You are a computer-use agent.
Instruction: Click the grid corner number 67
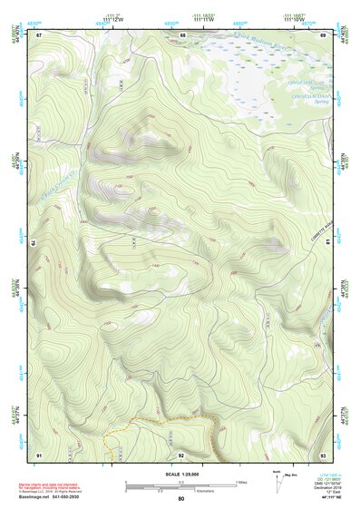pyautogui.click(x=39, y=34)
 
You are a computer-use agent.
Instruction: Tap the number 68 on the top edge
pyautogui.click(x=182, y=34)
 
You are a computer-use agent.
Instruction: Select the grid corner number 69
pyautogui.click(x=324, y=34)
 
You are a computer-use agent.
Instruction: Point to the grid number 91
pyautogui.click(x=39, y=454)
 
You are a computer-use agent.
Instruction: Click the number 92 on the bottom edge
pyautogui.click(x=180, y=454)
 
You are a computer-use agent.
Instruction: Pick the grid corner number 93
pyautogui.click(x=324, y=454)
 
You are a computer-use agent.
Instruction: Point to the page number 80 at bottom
pyautogui.click(x=180, y=499)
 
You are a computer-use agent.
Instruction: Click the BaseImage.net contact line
pyautogui.click(x=56, y=497)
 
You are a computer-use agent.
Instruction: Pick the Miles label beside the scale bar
pyautogui.click(x=241, y=481)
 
